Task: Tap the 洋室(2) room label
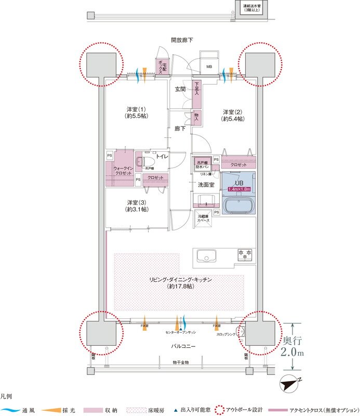233,116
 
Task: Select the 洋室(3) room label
136,205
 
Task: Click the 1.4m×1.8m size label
239,189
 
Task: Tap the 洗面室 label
206,185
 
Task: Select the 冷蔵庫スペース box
203,219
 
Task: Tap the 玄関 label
180,89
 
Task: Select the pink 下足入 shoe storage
197,94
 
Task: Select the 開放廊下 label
181,40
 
